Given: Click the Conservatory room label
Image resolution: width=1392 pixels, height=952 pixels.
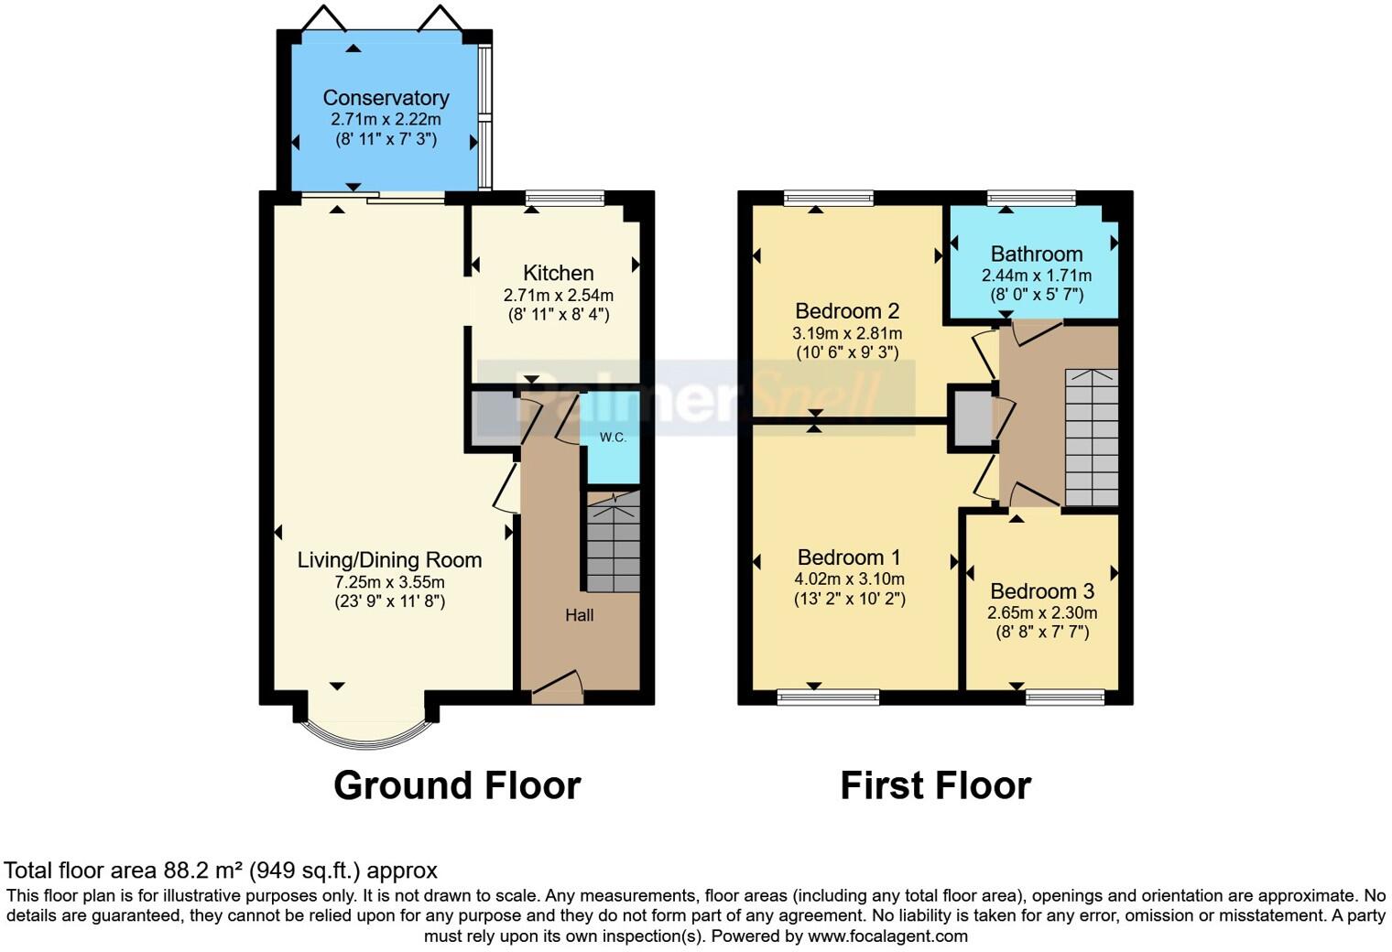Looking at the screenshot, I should (386, 98).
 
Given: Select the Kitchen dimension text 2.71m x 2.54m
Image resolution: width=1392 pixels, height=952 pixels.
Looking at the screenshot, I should (558, 295).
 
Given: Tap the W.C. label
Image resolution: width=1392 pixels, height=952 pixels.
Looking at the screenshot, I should (613, 438).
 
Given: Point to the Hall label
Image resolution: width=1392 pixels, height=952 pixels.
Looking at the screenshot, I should (579, 615).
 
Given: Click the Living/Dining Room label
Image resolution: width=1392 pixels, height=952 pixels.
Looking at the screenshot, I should (389, 560).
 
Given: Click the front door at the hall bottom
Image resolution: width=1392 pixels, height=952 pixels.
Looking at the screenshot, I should (557, 687).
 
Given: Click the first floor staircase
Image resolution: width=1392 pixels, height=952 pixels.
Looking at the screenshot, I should (1092, 438).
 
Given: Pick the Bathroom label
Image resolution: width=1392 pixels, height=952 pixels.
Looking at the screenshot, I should (1036, 254).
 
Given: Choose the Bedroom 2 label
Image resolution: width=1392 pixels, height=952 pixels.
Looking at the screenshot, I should (847, 310).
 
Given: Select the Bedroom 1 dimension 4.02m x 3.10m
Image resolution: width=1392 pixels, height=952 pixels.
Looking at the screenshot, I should (849, 579).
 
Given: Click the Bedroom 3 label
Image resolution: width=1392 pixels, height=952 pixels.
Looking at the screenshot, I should (1042, 591).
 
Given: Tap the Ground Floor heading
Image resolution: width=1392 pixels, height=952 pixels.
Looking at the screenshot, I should (457, 785).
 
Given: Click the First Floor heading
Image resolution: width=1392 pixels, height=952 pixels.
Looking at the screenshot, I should (935, 785).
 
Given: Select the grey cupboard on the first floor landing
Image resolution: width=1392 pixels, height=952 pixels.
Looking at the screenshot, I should (973, 419).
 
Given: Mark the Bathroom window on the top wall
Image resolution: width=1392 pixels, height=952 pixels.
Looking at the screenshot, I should (1031, 197).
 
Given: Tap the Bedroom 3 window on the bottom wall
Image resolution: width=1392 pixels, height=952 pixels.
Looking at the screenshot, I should (1065, 698).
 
